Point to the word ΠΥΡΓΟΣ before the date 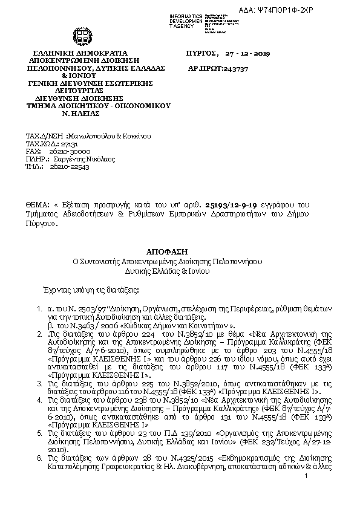pos(201,54)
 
